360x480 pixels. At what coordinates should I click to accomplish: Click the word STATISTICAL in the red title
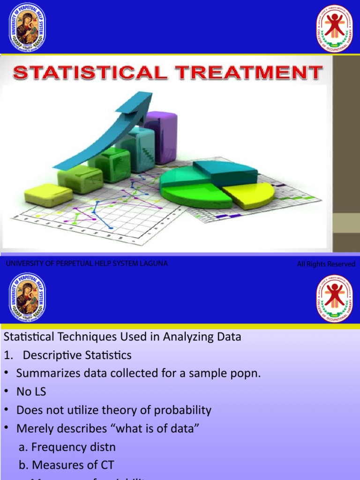click(x=90, y=74)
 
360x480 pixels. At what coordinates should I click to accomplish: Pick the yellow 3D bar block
click(x=48, y=195)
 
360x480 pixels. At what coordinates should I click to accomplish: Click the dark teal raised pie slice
click(x=225, y=172)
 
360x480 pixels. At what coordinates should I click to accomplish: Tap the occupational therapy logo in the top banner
click(x=335, y=28)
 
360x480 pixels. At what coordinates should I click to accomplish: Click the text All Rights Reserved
click(x=326, y=264)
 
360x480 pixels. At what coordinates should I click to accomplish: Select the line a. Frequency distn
click(x=67, y=447)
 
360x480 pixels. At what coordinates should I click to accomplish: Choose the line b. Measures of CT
click(x=66, y=465)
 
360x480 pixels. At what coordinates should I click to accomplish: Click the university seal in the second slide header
click(x=27, y=299)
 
